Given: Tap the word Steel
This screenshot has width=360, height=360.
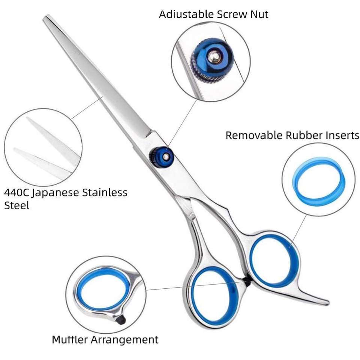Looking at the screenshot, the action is tap(16, 205).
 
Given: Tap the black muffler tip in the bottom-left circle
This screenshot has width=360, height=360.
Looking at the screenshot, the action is tap(121, 320).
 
